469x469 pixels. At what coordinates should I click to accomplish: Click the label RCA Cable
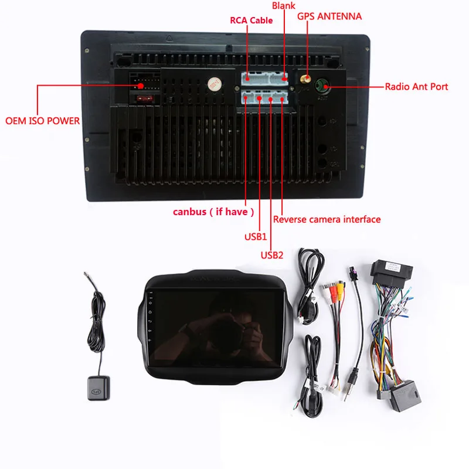251,21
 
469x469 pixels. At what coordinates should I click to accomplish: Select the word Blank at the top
283,6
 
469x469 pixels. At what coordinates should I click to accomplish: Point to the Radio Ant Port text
416,87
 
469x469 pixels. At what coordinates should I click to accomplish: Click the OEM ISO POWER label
42,121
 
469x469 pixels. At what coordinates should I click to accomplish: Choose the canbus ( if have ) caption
213,212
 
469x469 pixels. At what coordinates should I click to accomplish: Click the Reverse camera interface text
327,219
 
